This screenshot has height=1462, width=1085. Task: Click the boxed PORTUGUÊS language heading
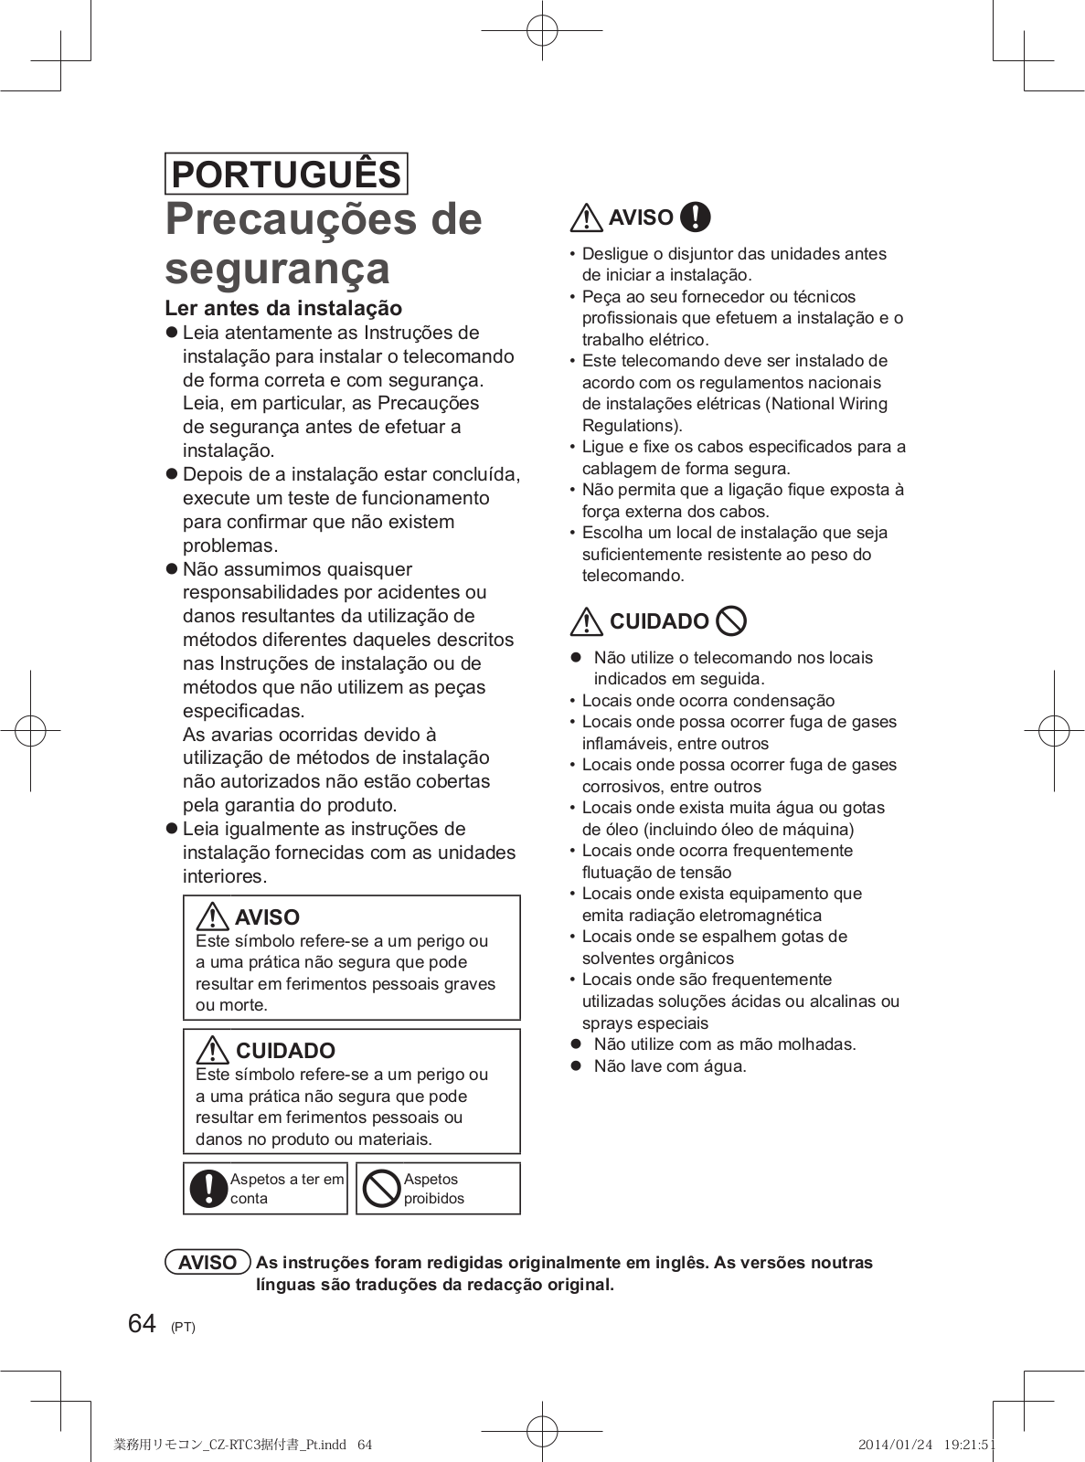286,174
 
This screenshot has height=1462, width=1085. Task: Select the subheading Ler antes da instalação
283,308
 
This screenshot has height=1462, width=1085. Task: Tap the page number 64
142,1324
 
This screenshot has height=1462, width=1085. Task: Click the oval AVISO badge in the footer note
207,1262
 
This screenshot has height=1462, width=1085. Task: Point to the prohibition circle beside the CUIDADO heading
731,621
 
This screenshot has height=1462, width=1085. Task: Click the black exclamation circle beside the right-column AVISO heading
696,217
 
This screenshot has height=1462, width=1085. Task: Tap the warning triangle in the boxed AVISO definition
212,916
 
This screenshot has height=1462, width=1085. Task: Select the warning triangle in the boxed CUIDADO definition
212,1049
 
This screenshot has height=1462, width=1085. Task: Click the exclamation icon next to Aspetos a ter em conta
208,1188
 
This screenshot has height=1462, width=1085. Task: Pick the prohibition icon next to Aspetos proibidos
381,1188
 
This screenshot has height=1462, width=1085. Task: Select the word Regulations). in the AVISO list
633,425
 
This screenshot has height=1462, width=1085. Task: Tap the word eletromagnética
761,916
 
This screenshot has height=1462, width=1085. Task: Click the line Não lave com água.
670,1066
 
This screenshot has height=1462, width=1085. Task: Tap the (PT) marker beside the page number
183,1327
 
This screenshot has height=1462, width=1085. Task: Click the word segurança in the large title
278,268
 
